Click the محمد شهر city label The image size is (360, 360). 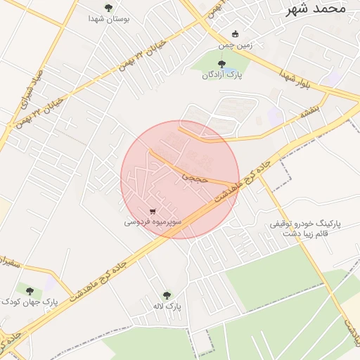(317, 8)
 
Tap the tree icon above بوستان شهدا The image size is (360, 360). (108, 8)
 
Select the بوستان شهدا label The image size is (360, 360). (108, 20)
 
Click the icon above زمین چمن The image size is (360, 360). (235, 34)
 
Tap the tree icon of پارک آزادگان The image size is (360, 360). (222, 64)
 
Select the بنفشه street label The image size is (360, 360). (309, 109)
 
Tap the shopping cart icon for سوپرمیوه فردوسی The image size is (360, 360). (153, 210)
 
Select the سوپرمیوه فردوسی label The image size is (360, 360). (153, 221)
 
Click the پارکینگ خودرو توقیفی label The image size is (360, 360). (305, 224)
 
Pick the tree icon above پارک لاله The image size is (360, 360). (167, 295)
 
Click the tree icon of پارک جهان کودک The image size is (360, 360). (29, 290)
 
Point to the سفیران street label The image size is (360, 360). (10, 264)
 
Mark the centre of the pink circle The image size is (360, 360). (180, 179)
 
